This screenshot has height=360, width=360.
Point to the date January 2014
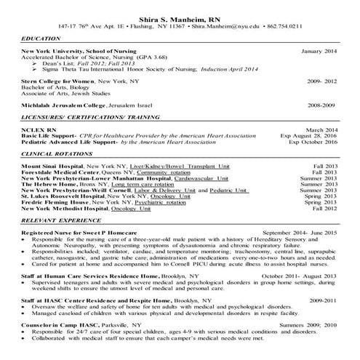coord(319,52)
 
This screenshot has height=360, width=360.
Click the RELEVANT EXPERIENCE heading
coord(60,220)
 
